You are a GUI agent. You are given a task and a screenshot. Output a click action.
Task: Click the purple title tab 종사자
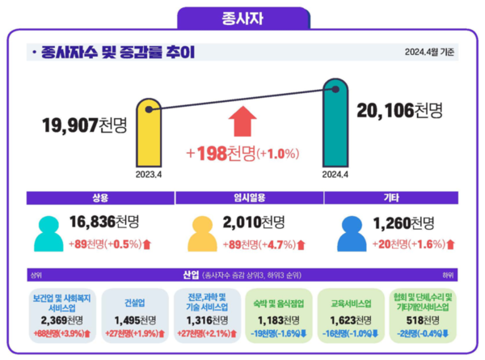tap(242, 16)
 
